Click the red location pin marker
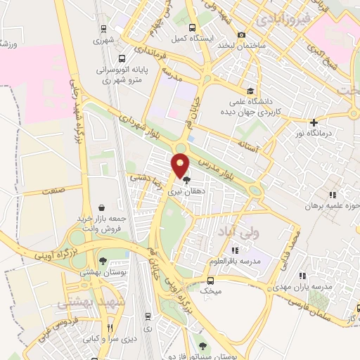click(181, 165)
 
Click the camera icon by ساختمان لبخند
click(242, 35)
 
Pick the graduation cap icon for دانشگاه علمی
click(251, 91)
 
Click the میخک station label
click(211, 290)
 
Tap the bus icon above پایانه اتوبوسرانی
click(122, 59)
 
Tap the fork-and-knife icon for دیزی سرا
click(110, 328)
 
